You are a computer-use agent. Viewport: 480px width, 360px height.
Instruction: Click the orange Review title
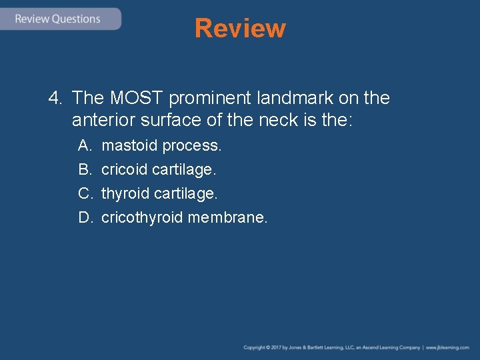[x=240, y=29]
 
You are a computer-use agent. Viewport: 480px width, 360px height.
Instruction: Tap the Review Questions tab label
[x=57, y=19]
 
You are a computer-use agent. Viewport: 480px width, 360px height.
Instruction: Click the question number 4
[x=55, y=99]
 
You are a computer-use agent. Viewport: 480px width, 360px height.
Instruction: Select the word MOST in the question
[x=137, y=99]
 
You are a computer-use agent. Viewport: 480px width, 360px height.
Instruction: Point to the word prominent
[x=211, y=99]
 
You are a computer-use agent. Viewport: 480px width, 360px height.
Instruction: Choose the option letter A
[x=84, y=145]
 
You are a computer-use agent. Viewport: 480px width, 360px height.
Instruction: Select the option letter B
[x=84, y=169]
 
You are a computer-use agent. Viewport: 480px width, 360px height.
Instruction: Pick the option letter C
[x=85, y=193]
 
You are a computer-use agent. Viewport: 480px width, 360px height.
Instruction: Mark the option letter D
[x=85, y=217]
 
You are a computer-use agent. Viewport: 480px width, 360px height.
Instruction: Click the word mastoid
[x=129, y=145]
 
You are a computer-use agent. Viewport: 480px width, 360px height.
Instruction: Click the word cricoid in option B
[x=124, y=169]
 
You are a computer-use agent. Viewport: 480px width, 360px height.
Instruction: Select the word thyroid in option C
[x=125, y=193]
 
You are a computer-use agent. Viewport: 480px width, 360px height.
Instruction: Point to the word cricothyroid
[x=142, y=217]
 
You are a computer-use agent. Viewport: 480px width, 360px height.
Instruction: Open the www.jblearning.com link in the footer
[x=447, y=347]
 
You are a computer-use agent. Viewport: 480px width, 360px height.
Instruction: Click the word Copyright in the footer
[x=254, y=347]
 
